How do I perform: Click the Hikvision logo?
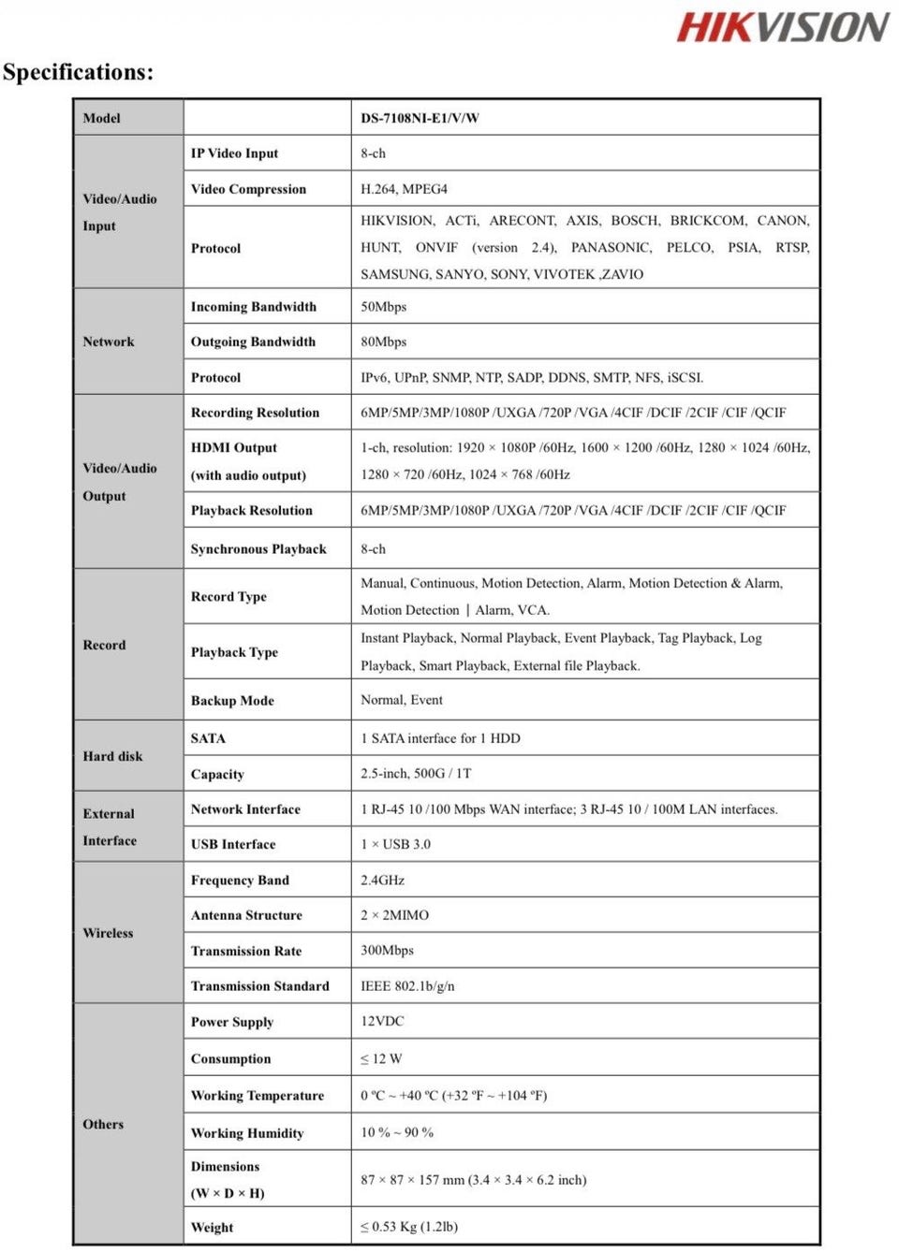pos(783,27)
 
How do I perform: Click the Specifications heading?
pos(79,72)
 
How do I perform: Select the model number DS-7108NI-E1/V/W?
pos(420,118)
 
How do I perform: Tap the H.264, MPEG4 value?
pos(404,189)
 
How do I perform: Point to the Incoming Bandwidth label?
pos(253,307)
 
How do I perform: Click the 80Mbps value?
pos(383,342)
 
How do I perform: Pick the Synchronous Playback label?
pos(258,549)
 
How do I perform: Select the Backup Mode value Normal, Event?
pos(402,700)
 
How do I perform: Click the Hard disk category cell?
pos(112,756)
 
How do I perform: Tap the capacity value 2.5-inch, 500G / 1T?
pos(416,773)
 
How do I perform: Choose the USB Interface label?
pos(233,844)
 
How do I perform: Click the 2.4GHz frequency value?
pos(382,880)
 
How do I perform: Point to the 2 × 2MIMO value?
pos(394,915)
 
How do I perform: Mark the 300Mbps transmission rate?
pos(387,950)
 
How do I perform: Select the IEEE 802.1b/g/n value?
pos(407,986)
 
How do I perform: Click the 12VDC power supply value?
pos(382,1021)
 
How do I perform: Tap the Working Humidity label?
pos(247,1133)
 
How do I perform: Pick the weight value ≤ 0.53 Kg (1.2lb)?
pos(409,1227)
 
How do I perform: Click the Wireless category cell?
pos(108,933)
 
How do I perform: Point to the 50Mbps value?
pos(383,307)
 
